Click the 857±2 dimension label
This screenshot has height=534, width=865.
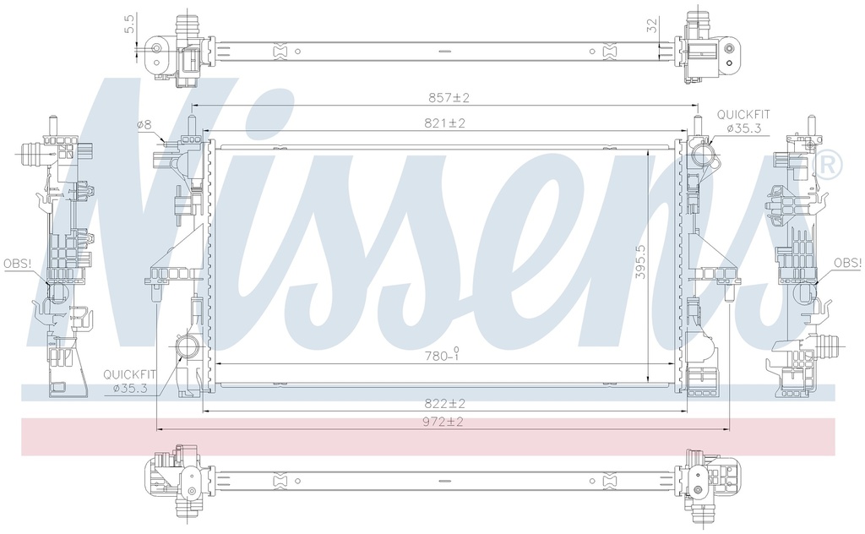coord(449,98)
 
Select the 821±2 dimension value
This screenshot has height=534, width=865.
coord(444,123)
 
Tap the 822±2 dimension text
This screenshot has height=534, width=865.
coord(444,403)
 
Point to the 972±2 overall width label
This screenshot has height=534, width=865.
coord(443,422)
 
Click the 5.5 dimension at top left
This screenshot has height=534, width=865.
coord(129,24)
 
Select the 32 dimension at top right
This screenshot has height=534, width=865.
coord(652,26)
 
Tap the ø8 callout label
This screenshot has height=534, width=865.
coord(144,125)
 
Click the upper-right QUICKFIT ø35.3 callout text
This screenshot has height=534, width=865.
coord(743,122)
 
